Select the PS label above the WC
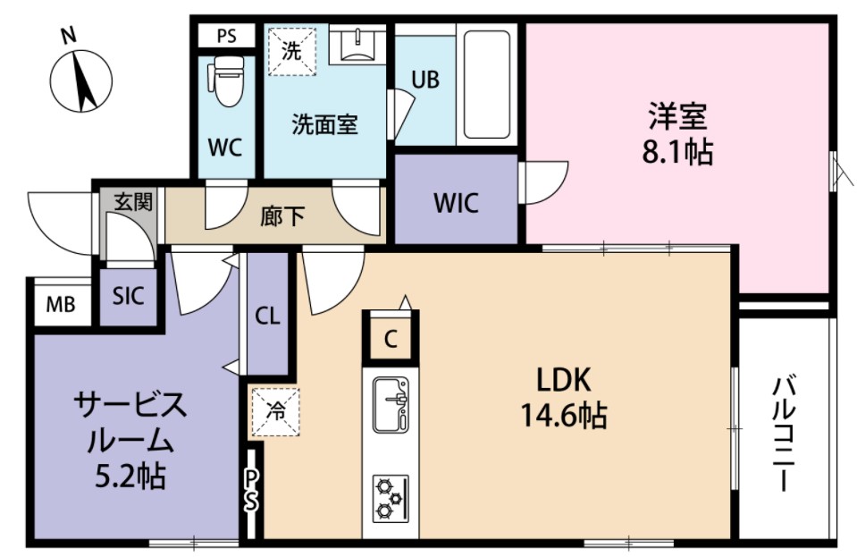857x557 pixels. click(227, 38)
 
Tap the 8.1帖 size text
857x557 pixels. click(677, 153)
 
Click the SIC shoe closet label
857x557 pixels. click(128, 297)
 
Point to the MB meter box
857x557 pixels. click(61, 306)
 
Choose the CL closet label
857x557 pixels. click(267, 316)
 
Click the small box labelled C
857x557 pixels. click(390, 338)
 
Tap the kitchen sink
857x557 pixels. click(390, 403)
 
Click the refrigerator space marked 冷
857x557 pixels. click(273, 412)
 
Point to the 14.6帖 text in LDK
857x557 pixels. click(564, 416)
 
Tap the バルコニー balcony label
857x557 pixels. click(785, 434)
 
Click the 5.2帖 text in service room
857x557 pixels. click(130, 477)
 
